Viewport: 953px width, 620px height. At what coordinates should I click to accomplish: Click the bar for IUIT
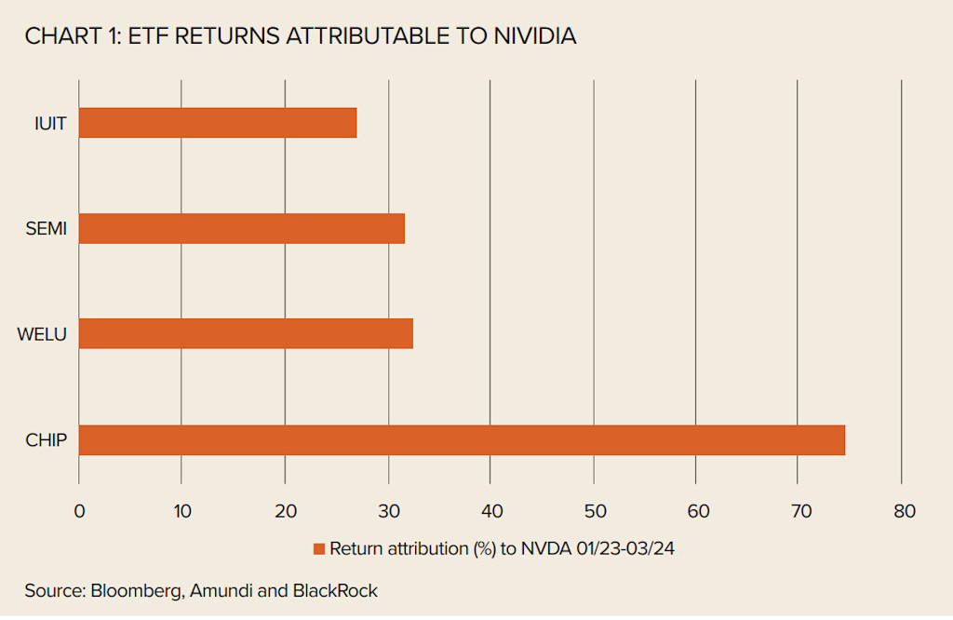(218, 123)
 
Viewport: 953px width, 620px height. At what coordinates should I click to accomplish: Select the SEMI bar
(242, 228)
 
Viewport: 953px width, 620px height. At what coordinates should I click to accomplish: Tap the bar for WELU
(246, 333)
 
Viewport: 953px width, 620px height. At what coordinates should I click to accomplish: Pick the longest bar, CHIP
(462, 440)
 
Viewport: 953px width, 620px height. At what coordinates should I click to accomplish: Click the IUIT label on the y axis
(49, 123)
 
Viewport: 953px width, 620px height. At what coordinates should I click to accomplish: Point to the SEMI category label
(47, 228)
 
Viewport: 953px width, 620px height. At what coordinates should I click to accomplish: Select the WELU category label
(43, 333)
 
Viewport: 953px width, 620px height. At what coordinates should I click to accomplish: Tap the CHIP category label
(47, 440)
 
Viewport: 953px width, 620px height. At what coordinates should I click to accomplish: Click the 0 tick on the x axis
(79, 511)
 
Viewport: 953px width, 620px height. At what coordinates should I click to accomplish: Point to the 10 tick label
(181, 511)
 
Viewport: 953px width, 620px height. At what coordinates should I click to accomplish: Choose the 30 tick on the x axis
(389, 511)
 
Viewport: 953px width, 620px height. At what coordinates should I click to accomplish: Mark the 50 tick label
(595, 511)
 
